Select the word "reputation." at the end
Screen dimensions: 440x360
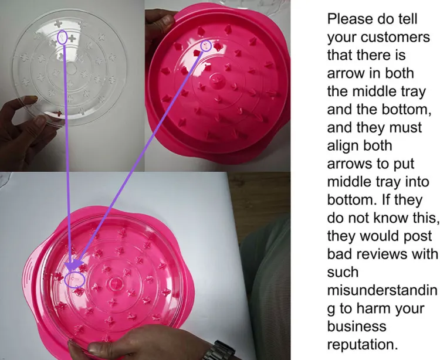tap(363, 345)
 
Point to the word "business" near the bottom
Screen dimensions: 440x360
tap(357, 327)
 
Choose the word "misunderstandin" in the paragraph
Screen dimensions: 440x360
tap(382, 290)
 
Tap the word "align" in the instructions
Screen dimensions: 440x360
tap(360, 146)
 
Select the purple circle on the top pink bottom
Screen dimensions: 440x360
tap(207, 45)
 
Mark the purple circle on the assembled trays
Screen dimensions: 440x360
tap(75, 280)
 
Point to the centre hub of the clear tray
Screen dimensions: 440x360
tap(71, 69)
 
